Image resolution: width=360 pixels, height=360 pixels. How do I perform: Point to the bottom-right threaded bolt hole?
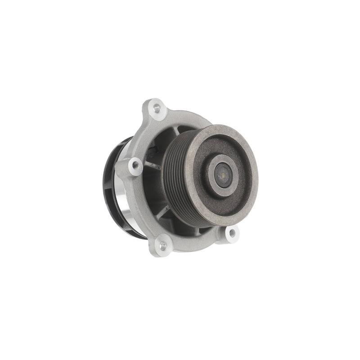pos(232,233)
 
